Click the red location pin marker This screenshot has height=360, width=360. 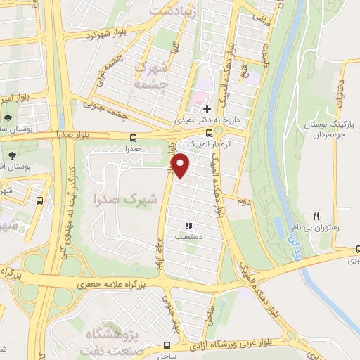coord(181,165)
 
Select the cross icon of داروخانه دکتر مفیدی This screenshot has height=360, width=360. coord(207,109)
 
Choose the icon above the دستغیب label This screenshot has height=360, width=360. coord(188,226)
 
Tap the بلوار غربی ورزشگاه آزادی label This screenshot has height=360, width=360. coord(239,344)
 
